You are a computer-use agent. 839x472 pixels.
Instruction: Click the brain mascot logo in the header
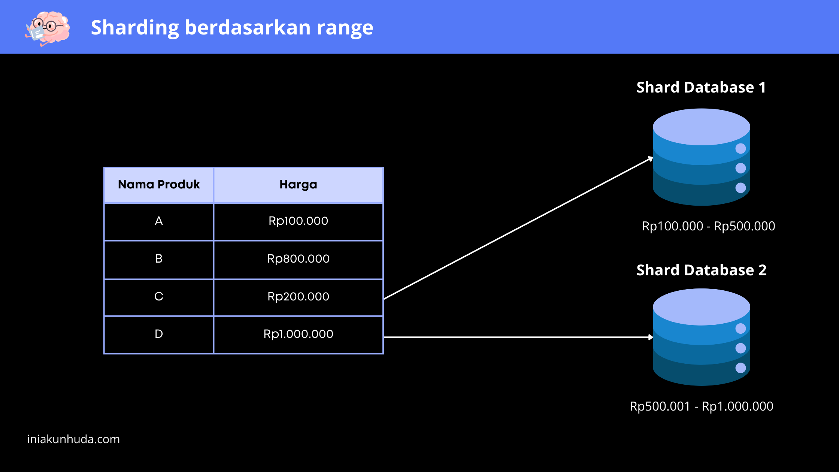48,28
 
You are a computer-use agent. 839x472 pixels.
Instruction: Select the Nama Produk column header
159,185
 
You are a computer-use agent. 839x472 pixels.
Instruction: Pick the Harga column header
298,185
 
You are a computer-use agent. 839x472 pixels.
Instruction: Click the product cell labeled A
159,221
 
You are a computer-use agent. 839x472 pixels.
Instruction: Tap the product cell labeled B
159,259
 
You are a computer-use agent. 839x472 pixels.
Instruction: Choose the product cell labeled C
159,297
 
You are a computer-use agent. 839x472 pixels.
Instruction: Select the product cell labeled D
159,335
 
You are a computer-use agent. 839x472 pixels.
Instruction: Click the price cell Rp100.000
298,221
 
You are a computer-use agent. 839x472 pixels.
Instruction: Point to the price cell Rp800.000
298,259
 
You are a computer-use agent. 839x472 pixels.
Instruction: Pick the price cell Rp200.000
298,297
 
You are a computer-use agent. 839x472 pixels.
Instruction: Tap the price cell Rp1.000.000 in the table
298,335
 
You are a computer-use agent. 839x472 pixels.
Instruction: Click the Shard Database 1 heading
701,87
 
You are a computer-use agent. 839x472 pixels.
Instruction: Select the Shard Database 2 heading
702,270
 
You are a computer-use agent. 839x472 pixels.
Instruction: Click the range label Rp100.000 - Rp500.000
709,226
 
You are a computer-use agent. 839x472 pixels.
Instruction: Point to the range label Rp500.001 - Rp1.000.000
702,406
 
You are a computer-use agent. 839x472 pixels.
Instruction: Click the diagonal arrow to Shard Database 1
519,228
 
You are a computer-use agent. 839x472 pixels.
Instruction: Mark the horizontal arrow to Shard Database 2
519,337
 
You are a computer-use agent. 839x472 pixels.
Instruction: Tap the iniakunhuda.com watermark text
73,439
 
